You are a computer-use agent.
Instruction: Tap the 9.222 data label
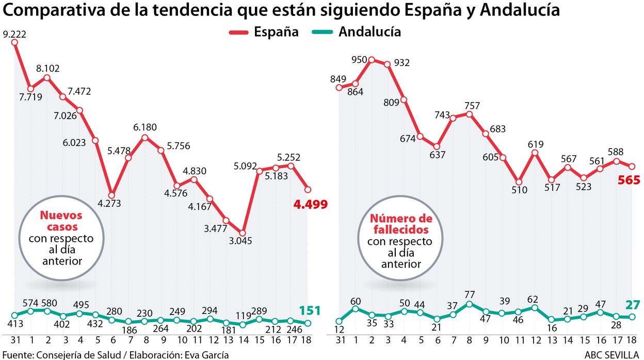pyautogui.click(x=14, y=35)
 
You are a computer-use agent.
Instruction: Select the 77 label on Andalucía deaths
pyautogui.click(x=469, y=294)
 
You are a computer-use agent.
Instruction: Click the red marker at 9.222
pyautogui.click(x=14, y=42)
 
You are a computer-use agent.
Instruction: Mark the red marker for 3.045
pyautogui.click(x=243, y=233)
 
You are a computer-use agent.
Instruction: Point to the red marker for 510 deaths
pyautogui.click(x=519, y=182)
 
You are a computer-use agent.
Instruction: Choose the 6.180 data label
pyautogui.click(x=145, y=127)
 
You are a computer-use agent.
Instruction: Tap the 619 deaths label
pyautogui.click(x=535, y=144)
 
